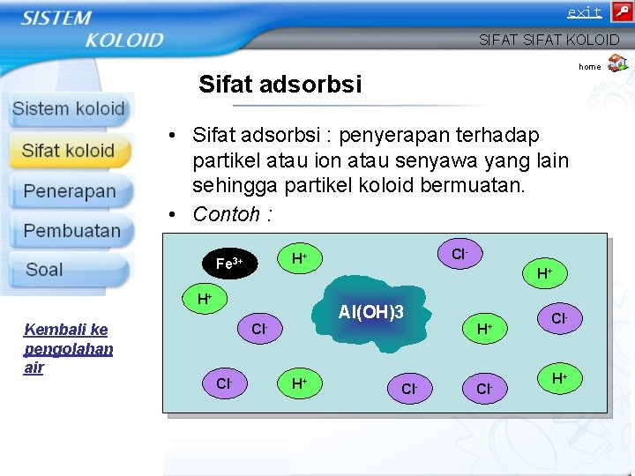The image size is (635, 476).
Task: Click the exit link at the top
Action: pos(584,12)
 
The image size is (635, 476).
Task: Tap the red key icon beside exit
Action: pos(620,11)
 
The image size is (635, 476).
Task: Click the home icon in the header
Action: pos(617,63)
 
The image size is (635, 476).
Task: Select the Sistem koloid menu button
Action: pos(68,109)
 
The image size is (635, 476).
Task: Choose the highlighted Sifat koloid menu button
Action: pos(69,151)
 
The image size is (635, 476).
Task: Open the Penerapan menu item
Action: pos(70,191)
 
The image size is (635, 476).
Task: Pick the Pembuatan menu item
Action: pos(71,231)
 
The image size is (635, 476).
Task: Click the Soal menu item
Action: pos(44,270)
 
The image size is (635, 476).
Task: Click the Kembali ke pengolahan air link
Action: pos(68,348)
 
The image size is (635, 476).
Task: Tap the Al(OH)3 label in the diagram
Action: pos(371,312)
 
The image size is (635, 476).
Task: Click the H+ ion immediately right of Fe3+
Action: pos(300,257)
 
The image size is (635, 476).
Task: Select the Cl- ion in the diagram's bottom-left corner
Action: pos(224,383)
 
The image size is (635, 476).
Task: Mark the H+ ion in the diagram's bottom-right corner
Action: pos(559,379)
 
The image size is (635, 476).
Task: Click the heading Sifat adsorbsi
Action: pos(280,85)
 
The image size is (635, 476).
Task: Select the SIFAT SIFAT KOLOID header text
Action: pos(549,40)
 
